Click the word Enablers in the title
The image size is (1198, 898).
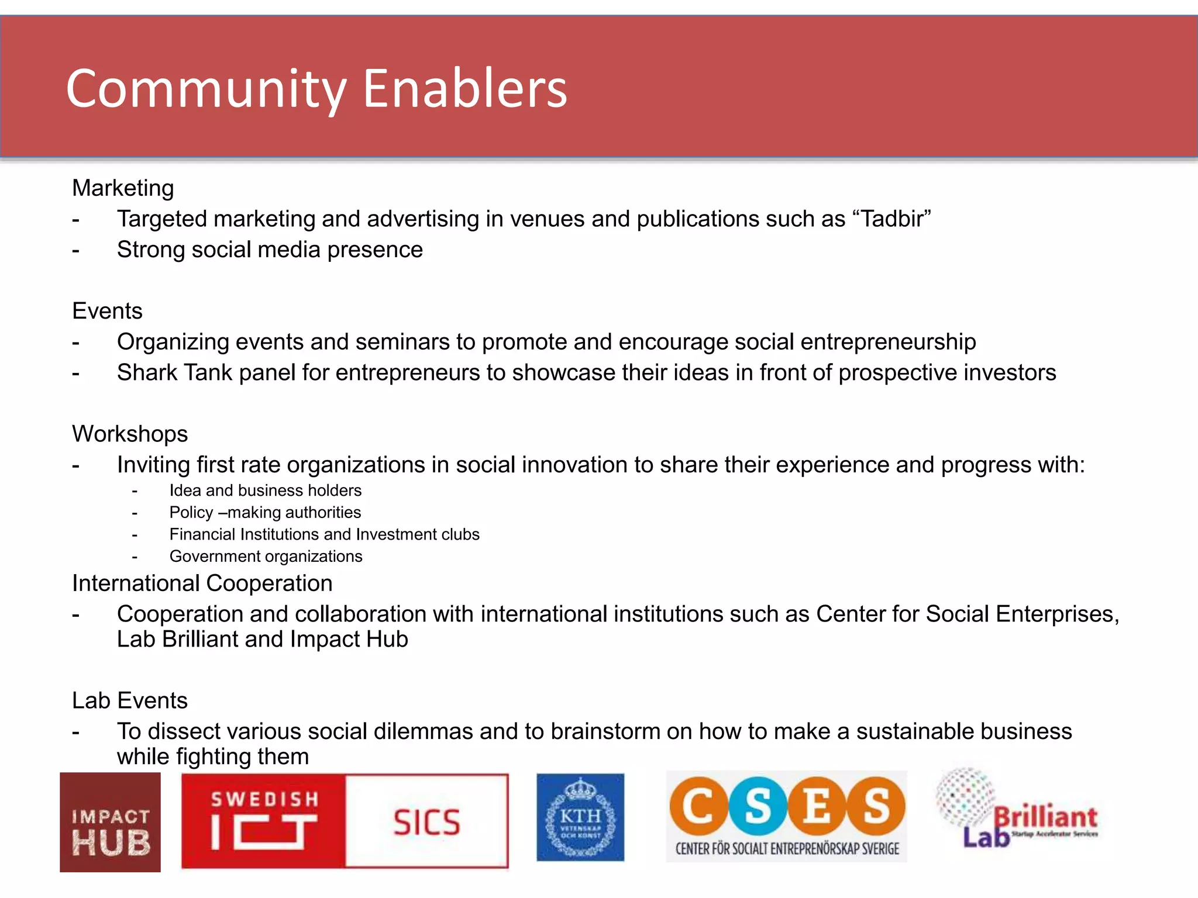(465, 89)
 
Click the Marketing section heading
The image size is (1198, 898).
(123, 188)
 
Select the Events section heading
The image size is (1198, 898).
(107, 311)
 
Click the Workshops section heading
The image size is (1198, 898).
(130, 434)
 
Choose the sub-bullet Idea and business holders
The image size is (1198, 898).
(265, 491)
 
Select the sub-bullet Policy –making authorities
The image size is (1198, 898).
(265, 513)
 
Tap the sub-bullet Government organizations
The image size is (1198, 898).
(266, 557)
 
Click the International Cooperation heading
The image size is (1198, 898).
(202, 583)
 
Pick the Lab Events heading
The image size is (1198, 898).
(129, 701)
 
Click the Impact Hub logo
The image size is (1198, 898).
(110, 823)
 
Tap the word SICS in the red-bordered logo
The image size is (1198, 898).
(426, 823)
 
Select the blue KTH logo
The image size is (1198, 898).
(580, 817)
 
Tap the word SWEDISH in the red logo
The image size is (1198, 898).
(264, 799)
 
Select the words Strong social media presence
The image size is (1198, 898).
(270, 250)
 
